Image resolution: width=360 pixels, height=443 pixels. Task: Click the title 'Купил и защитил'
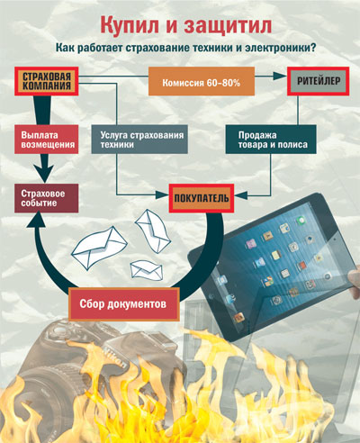[x=186, y=25]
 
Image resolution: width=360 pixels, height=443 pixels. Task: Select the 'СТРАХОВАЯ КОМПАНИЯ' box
[x=47, y=81]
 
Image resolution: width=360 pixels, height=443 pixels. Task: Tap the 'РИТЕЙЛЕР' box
[x=319, y=81]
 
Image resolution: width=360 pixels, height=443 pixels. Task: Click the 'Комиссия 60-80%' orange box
[x=202, y=81]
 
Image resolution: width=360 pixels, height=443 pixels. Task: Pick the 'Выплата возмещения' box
[x=47, y=140]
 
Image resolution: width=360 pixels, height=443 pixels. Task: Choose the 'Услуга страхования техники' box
[x=139, y=140]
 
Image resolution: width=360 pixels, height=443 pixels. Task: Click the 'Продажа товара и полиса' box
[x=271, y=140]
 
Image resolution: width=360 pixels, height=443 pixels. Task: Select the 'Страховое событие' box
[x=47, y=198]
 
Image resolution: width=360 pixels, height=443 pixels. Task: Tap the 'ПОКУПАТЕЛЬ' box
[x=202, y=198]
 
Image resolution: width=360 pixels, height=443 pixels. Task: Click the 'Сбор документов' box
[x=124, y=303]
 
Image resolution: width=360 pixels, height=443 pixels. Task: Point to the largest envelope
[x=100, y=249]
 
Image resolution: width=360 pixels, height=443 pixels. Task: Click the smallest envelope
[x=147, y=269]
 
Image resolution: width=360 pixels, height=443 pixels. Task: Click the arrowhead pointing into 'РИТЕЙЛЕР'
[x=281, y=77]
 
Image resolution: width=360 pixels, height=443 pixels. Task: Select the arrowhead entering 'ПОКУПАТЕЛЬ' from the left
[x=162, y=195]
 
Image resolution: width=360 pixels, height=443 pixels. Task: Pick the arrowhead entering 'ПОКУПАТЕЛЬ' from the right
[x=241, y=195]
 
